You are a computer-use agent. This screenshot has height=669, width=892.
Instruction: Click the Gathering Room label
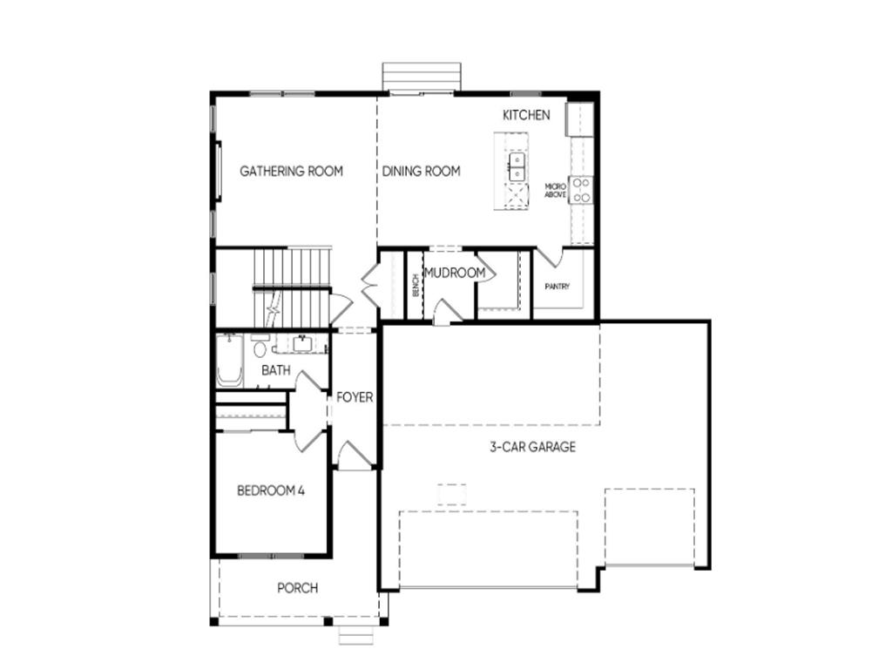tap(291, 172)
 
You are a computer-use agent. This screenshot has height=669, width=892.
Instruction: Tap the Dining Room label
tap(421, 172)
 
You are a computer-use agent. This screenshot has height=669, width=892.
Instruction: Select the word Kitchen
tap(526, 115)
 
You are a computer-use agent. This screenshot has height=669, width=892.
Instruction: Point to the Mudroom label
tap(454, 274)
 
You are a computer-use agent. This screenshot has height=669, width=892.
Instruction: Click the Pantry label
tap(557, 286)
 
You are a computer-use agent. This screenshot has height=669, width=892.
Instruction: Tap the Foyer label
tap(355, 397)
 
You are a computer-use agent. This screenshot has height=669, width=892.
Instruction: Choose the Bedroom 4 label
tap(270, 490)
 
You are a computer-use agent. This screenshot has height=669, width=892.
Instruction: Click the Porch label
tap(297, 588)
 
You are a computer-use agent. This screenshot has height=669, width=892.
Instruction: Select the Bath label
tap(276, 370)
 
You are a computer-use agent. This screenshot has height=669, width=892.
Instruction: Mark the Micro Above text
tap(556, 191)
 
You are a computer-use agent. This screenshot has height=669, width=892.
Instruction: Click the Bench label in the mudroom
tap(416, 285)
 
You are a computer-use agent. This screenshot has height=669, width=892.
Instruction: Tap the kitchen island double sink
tap(517, 166)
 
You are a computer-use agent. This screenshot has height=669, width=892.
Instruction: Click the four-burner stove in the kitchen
tap(582, 190)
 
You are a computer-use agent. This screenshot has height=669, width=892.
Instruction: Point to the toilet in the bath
tap(260, 349)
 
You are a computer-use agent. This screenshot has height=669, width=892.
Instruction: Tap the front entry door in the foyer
tap(355, 456)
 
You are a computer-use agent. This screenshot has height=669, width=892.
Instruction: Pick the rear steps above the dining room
tap(422, 76)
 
